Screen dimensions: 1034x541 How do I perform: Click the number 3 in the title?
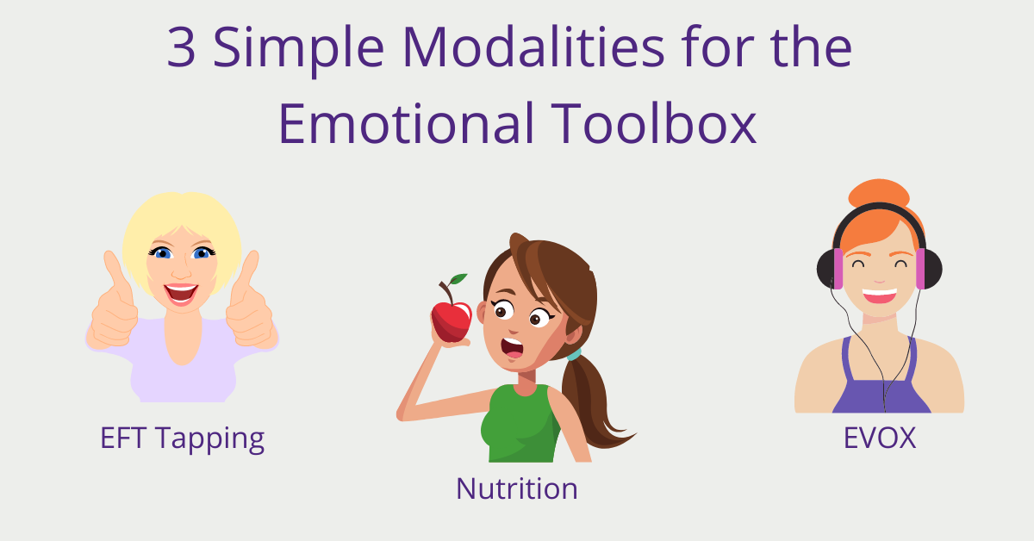(x=181, y=47)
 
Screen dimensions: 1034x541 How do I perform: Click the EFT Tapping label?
(x=183, y=438)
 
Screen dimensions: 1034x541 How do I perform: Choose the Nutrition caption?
(x=516, y=488)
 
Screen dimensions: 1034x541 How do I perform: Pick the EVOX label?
(x=880, y=438)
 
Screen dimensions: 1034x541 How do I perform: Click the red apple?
(x=452, y=320)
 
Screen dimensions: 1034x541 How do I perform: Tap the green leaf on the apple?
(x=458, y=279)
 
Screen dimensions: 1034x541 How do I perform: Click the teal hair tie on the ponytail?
(x=574, y=355)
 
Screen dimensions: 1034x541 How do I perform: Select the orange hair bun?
(x=879, y=193)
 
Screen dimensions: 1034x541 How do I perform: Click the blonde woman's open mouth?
(x=181, y=294)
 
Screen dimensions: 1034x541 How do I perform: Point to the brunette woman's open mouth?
(x=513, y=347)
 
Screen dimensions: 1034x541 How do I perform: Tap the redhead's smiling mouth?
(x=880, y=295)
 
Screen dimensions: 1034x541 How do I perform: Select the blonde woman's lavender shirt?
(x=182, y=364)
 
